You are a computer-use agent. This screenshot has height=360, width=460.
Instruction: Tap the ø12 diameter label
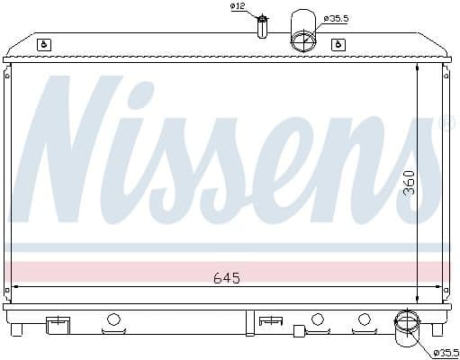point(238,6)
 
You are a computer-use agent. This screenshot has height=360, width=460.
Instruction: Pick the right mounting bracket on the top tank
point(338,44)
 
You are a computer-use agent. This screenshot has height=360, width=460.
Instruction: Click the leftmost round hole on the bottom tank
point(113,319)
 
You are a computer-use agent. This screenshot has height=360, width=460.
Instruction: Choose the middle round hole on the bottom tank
point(317,319)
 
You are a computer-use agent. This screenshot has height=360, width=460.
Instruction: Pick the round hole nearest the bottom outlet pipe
point(364,319)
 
